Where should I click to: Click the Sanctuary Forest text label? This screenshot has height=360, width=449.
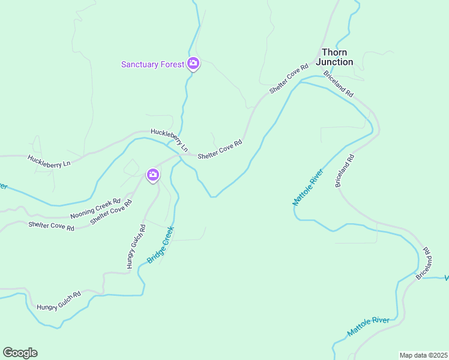pyautogui.click(x=152, y=64)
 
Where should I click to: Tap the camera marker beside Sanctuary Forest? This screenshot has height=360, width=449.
pyautogui.click(x=193, y=63)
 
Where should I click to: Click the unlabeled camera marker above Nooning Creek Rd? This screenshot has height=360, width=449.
pyautogui.click(x=153, y=175)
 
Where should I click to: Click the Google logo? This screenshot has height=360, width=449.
pyautogui.click(x=20, y=353)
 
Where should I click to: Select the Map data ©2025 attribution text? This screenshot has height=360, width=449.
pyautogui.click(x=423, y=355)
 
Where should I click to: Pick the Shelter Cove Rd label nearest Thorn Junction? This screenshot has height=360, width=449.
pyautogui.click(x=289, y=78)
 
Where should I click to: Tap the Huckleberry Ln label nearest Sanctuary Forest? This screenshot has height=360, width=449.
pyautogui.click(x=169, y=140)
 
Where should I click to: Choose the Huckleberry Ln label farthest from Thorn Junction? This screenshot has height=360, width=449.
pyautogui.click(x=49, y=160)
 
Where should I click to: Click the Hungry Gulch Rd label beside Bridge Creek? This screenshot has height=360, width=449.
pyautogui.click(x=136, y=246)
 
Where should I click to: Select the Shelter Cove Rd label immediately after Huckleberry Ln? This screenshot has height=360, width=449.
pyautogui.click(x=220, y=148)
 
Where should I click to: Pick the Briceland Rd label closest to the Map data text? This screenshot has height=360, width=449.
pyautogui.click(x=424, y=262)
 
